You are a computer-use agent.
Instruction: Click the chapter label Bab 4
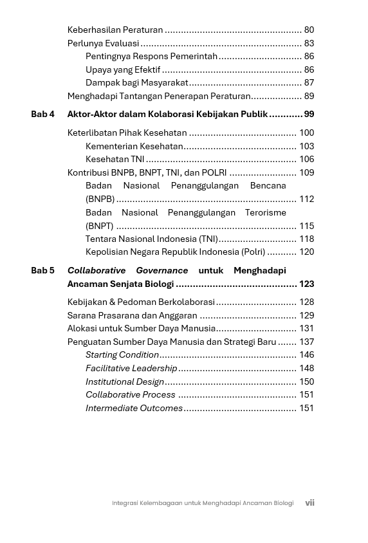tap(42, 114)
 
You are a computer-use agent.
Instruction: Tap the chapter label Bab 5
tap(42, 270)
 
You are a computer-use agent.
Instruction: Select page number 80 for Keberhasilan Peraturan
tap(309, 30)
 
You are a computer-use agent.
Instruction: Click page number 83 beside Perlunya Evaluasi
tap(309, 43)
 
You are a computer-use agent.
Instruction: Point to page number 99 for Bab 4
tap(309, 114)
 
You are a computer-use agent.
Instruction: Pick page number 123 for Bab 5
tap(306, 284)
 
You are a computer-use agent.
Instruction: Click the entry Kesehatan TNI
tap(115, 159)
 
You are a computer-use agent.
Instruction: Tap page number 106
tap(306, 159)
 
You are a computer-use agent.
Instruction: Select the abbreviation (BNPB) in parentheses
tap(100, 199)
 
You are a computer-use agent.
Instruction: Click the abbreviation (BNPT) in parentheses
tap(100, 226)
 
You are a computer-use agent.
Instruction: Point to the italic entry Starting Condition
tap(122, 354)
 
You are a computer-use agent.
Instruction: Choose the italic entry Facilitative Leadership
tap(131, 368)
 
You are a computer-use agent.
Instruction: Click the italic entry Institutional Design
tap(125, 382)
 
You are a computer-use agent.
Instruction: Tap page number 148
tap(306, 368)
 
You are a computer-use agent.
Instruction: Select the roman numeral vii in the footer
tap(309, 503)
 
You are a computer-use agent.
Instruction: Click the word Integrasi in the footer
tap(125, 503)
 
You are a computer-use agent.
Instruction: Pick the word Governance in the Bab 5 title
tap(161, 270)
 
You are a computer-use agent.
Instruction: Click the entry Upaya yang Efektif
tap(123, 69)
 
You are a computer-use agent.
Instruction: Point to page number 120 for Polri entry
tap(306, 252)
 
